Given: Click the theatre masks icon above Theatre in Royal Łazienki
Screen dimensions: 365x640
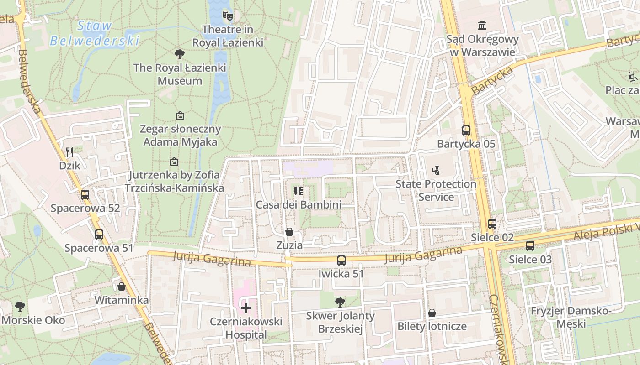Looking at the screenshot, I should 228,16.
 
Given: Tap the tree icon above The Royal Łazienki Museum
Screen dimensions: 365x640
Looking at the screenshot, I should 180,54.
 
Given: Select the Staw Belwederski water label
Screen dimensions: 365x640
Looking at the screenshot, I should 94,33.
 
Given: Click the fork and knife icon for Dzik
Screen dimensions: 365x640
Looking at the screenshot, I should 69,152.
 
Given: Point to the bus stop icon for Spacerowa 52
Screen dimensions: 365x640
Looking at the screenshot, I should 85,195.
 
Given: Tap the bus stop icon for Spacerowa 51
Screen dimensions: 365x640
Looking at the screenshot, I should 99,235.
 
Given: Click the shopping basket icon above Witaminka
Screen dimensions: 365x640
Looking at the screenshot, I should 122,287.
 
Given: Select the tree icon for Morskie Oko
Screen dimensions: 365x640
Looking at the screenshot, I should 20,306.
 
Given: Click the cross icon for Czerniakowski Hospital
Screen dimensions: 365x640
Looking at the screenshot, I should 246,308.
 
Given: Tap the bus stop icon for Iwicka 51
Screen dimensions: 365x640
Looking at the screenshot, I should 341,261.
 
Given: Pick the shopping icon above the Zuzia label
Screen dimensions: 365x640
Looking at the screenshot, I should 289,232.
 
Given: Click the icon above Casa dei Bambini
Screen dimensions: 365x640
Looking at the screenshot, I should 299,191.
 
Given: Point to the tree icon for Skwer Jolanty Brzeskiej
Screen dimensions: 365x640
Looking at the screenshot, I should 340,302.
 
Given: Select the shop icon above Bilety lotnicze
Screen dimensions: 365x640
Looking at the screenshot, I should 432,313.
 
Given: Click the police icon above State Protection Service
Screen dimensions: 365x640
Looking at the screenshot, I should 436,171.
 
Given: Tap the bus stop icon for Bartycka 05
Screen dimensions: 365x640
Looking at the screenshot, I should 466,130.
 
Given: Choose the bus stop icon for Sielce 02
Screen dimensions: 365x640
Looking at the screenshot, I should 492,224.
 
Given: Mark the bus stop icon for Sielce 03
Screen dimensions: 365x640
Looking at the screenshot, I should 530,246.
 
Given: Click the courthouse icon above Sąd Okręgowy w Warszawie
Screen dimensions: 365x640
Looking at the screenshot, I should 482,25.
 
